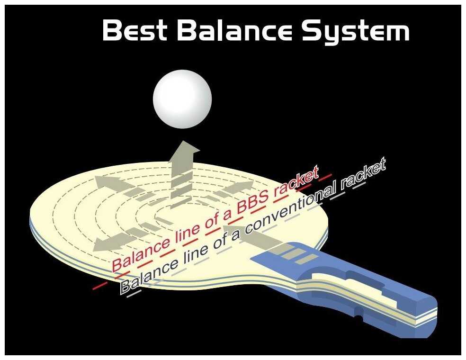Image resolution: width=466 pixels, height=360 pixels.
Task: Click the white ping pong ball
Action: click(182, 99)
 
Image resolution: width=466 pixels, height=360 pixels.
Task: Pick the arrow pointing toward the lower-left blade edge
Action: click(104, 243)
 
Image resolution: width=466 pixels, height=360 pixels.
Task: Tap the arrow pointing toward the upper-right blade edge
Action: click(240, 188)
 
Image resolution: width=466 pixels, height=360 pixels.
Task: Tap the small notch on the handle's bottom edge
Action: click(358, 313)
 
